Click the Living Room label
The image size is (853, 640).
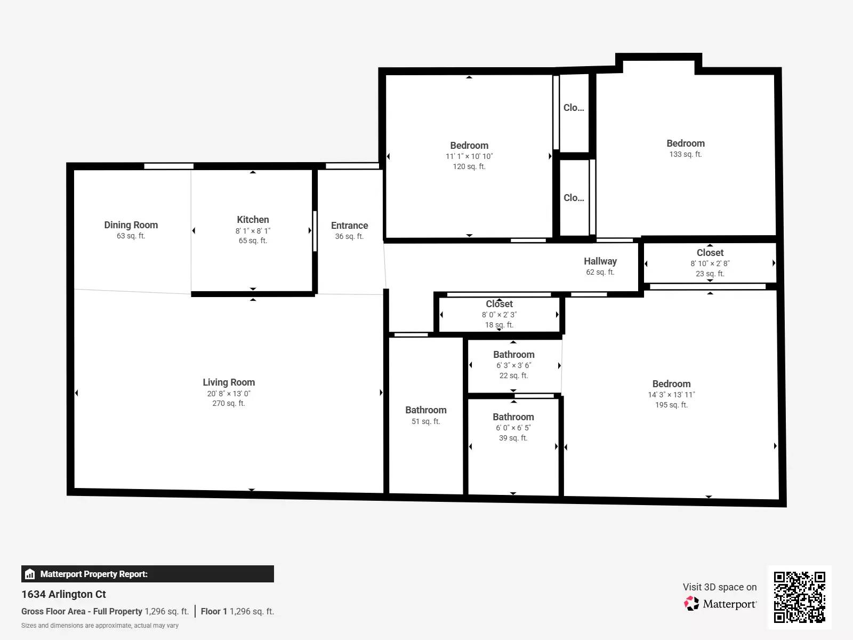(x=229, y=382)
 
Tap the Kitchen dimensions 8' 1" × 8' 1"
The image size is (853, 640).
(x=253, y=231)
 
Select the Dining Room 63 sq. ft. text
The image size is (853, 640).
(x=131, y=236)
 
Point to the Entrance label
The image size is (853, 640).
(x=349, y=226)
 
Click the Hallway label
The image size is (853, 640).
(x=600, y=261)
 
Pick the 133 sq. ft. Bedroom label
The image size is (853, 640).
(x=685, y=143)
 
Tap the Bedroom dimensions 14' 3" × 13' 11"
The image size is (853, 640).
(x=671, y=395)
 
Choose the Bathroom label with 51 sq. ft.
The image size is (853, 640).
(x=425, y=410)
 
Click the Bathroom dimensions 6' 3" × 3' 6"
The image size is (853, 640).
(x=513, y=365)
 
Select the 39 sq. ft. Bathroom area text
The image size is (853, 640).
(x=513, y=438)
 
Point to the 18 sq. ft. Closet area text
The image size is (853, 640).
(x=499, y=325)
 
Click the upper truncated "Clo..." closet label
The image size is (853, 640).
(x=574, y=108)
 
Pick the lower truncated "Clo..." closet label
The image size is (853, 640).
(x=574, y=198)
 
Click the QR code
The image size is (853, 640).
(x=799, y=597)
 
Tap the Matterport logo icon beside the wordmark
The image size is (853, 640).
(x=691, y=604)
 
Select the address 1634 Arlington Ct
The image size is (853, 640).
(x=63, y=594)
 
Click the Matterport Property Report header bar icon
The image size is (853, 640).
(x=30, y=574)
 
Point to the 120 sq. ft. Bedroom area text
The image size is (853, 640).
(x=469, y=166)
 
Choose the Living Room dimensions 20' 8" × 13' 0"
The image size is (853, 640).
(x=229, y=394)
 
